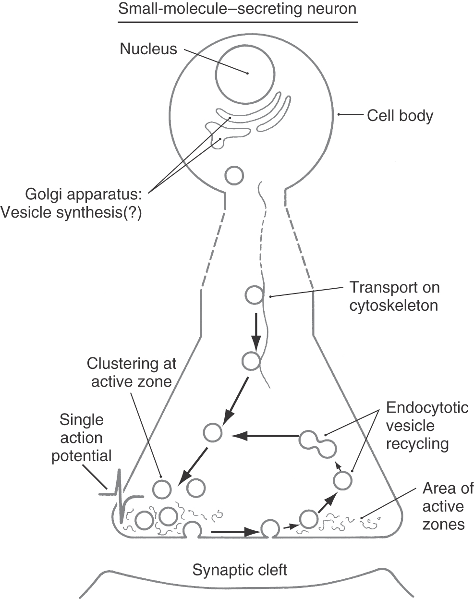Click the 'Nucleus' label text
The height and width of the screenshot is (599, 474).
(148, 49)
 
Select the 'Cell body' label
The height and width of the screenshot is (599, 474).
(400, 116)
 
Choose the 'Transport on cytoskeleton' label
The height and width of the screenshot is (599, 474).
(394, 296)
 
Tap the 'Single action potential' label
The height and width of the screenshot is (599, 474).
(82, 438)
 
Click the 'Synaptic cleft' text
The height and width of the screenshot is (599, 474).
(240, 570)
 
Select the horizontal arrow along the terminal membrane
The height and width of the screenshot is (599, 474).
(235, 531)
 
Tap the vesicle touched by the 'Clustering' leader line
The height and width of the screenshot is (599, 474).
(162, 489)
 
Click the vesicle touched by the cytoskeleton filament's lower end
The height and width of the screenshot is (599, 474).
(251, 361)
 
